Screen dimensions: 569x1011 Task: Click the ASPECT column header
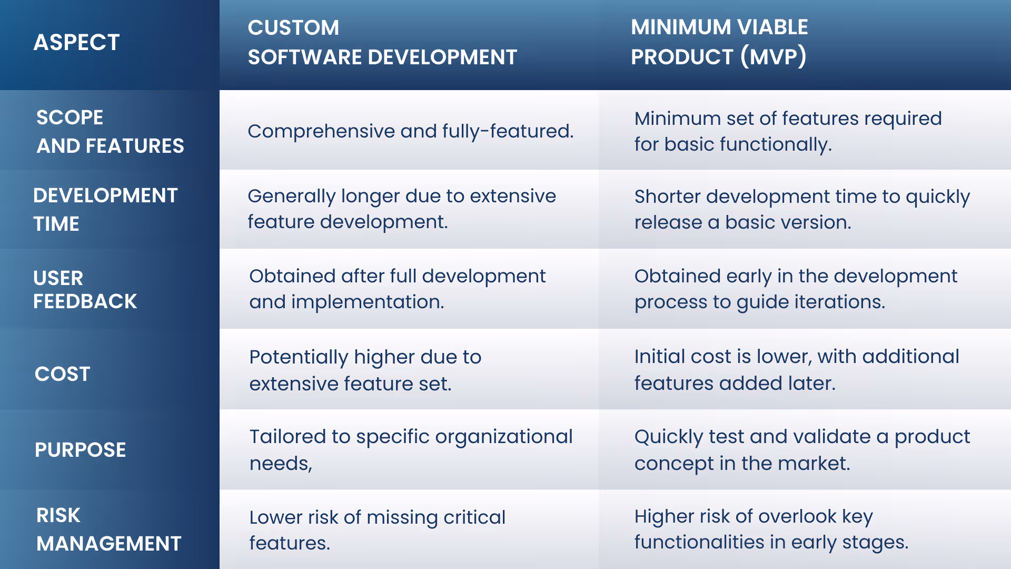click(x=76, y=42)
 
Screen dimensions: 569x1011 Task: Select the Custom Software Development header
click(x=382, y=42)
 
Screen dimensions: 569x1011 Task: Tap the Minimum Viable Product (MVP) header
click(x=719, y=42)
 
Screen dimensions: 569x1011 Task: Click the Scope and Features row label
click(x=110, y=132)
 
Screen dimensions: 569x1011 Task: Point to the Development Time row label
click(x=105, y=209)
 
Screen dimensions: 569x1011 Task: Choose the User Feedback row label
click(x=85, y=289)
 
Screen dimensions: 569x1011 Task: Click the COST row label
click(x=62, y=374)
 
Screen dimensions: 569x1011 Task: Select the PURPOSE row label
click(x=80, y=449)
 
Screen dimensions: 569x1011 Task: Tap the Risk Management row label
click(x=108, y=529)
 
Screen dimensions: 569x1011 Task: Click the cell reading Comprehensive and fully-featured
click(x=410, y=131)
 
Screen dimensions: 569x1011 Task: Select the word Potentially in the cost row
click(x=299, y=357)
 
